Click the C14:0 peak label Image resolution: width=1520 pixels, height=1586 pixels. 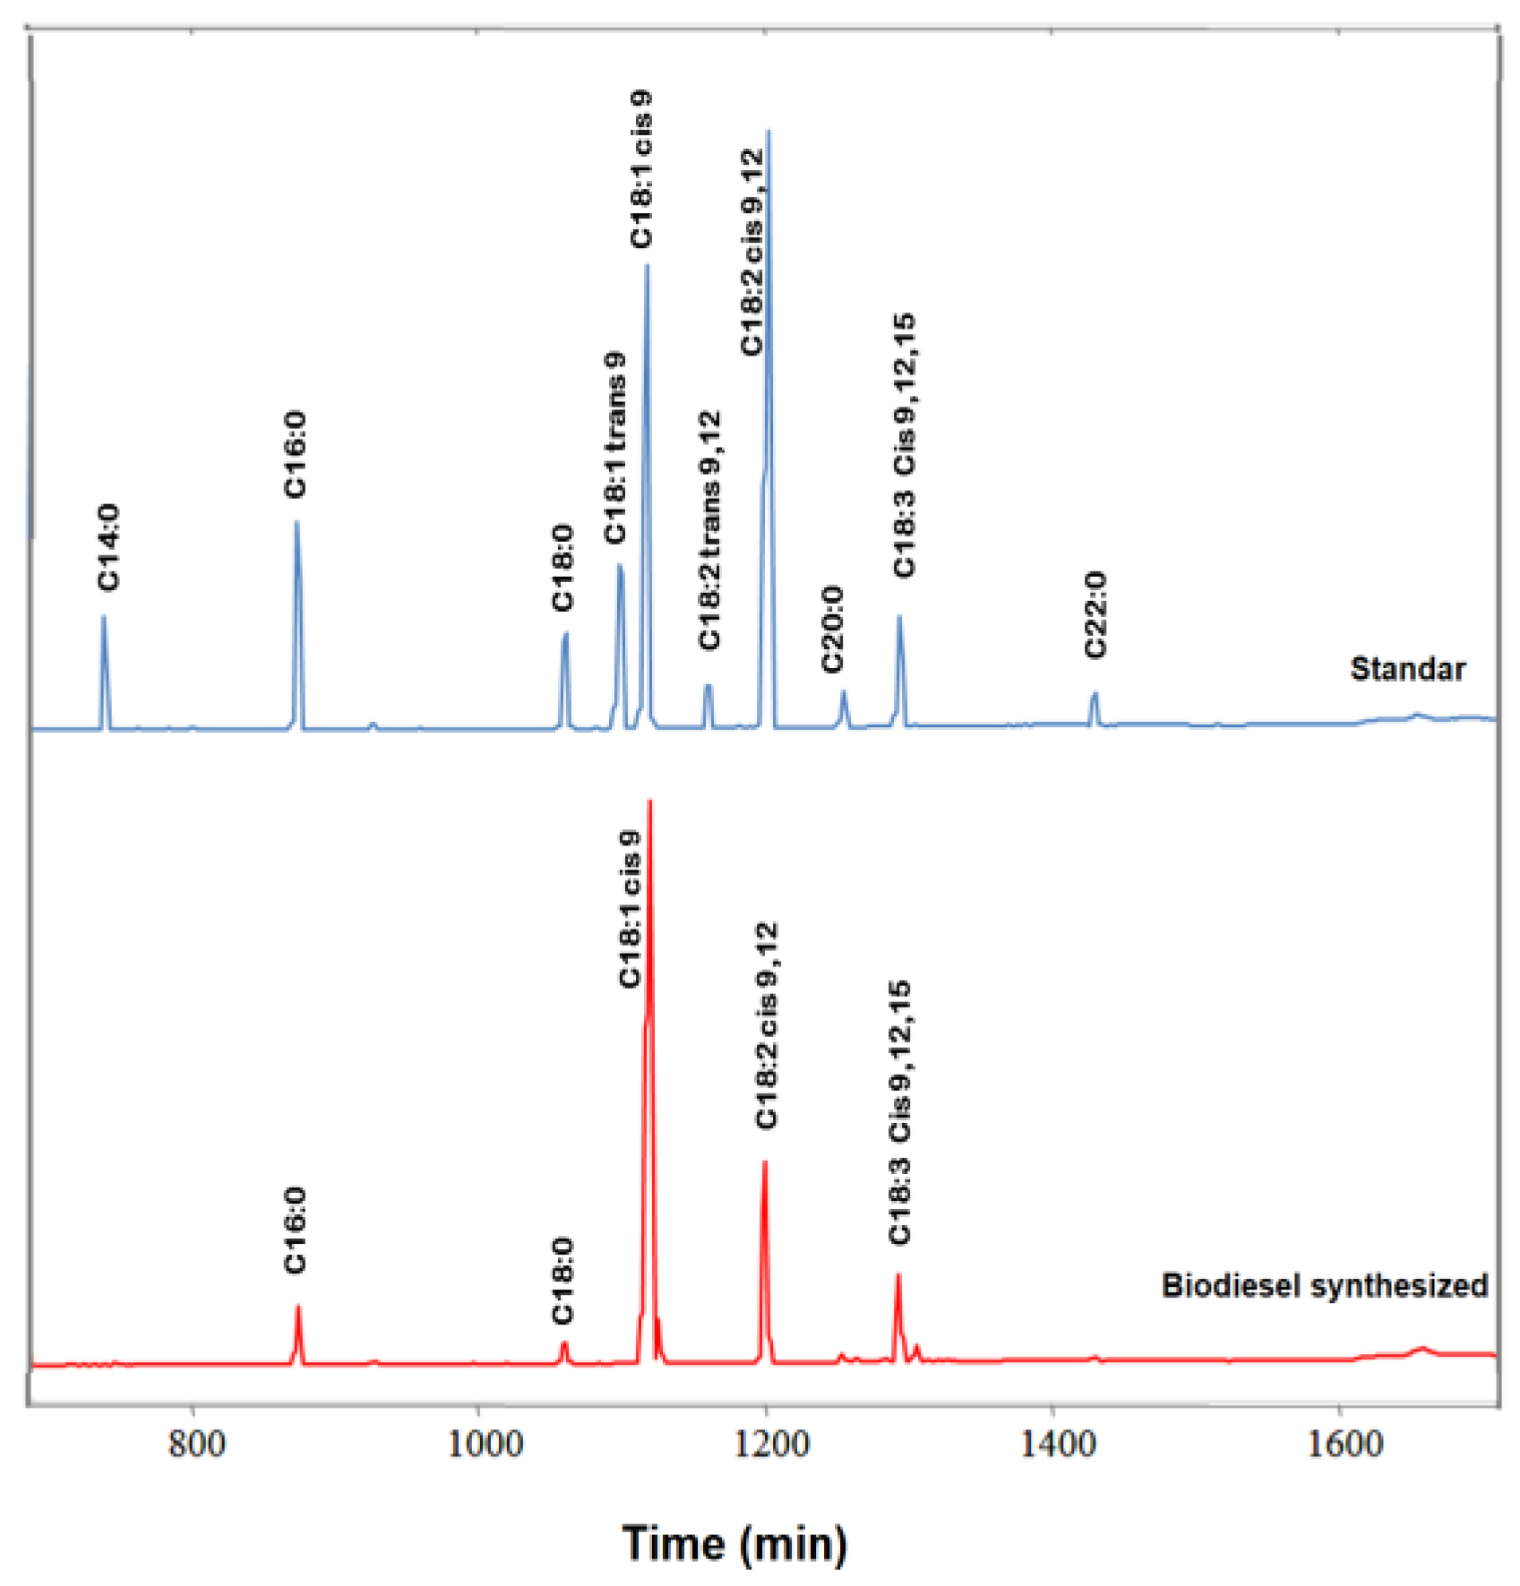[108, 547]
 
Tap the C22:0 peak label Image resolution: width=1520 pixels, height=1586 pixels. [1095, 615]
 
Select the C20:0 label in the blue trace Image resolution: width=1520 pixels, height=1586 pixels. [832, 629]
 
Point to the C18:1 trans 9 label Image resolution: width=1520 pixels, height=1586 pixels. [614, 448]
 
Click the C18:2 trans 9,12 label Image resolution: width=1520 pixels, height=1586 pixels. [709, 530]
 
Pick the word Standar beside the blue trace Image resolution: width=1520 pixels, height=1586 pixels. [1407, 669]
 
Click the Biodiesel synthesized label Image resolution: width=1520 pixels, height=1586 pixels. [1324, 1285]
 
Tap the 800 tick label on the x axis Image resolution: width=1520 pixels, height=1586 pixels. [196, 1445]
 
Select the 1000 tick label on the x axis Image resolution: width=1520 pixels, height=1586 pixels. [485, 1445]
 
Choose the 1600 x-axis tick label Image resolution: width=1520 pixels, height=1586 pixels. [1344, 1445]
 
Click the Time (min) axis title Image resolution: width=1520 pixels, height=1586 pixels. [734, 1543]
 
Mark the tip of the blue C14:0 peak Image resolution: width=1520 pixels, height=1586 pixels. [104, 617]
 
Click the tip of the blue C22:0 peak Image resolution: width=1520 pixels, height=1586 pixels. [1095, 693]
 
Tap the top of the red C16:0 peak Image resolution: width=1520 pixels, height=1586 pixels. [298, 1307]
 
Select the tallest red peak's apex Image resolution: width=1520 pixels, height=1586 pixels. [649, 801]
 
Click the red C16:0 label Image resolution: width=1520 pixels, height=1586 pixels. [295, 1230]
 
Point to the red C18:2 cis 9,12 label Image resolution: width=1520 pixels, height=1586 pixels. [767, 1025]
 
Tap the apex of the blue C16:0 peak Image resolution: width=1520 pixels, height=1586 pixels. [296, 522]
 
